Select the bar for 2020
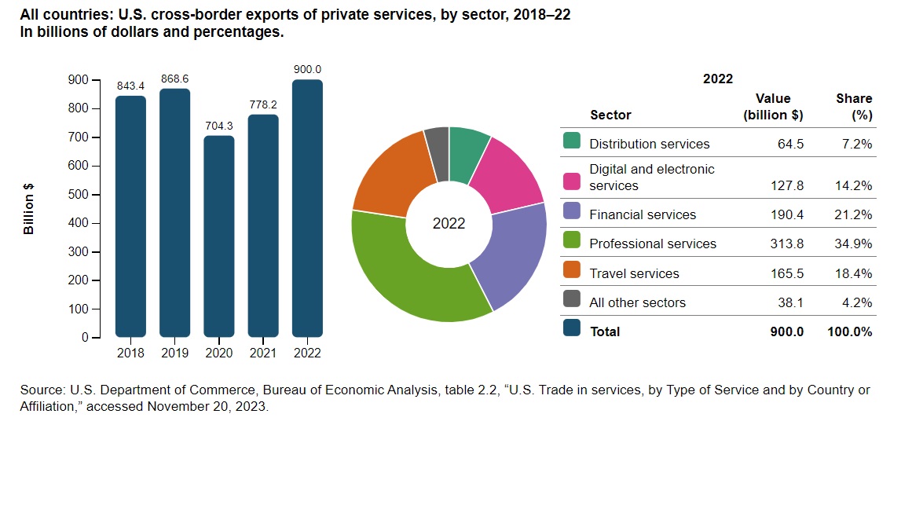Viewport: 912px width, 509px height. point(219,236)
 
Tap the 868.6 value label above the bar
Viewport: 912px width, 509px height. point(174,80)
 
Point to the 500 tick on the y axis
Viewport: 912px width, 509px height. point(79,195)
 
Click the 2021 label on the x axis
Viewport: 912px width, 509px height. point(263,353)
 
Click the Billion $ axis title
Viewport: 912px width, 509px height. point(29,209)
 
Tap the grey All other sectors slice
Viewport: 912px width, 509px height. point(437,142)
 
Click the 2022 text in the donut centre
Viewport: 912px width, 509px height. point(449,224)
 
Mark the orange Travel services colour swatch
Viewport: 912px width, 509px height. point(572,273)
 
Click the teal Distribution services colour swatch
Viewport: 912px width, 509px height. point(572,142)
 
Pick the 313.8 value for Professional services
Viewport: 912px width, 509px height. point(788,244)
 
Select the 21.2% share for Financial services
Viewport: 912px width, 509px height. point(855,214)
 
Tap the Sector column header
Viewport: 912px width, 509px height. point(610,115)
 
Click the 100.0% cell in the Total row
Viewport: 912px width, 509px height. point(850,331)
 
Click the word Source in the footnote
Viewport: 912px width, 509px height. point(42,390)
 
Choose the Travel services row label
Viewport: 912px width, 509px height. point(634,273)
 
